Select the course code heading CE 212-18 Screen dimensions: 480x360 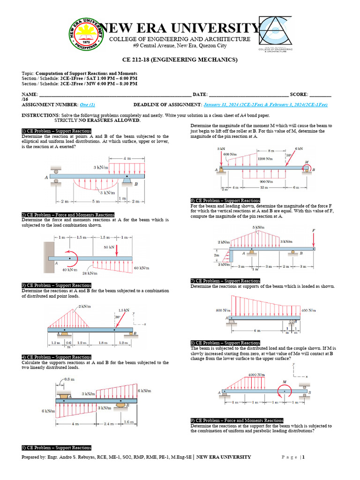click(x=180, y=60)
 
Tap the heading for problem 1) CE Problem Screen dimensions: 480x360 click(x=56, y=131)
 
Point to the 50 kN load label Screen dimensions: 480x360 click(x=109, y=247)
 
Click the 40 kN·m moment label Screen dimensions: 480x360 click(x=69, y=270)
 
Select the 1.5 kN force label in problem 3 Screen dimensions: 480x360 click(x=123, y=310)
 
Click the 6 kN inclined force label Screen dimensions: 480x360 click(x=299, y=148)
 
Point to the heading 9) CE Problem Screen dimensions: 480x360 click(x=237, y=420)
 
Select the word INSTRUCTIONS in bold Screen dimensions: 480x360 click(x=40, y=115)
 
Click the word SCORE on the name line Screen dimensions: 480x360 click(x=299, y=95)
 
